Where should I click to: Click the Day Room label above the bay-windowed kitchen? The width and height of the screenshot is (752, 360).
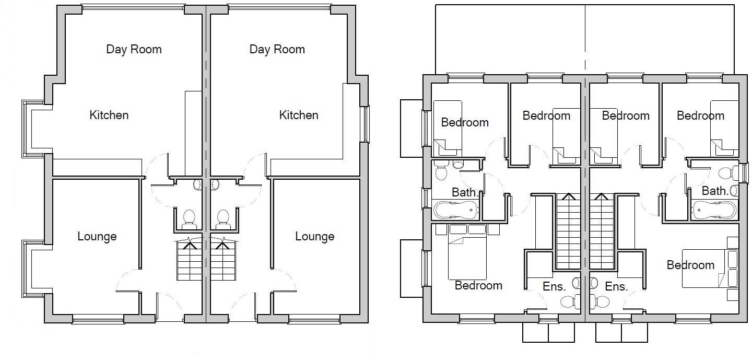click(134, 49)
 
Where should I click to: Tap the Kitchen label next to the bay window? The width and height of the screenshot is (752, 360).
click(109, 115)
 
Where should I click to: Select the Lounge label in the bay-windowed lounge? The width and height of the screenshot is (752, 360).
click(97, 237)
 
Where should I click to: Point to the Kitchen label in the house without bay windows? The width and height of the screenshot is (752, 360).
click(298, 115)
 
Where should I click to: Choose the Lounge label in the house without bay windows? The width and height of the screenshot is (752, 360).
click(314, 237)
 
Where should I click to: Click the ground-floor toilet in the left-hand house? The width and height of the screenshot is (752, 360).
click(189, 218)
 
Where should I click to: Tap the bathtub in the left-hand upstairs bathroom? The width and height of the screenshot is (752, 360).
click(456, 211)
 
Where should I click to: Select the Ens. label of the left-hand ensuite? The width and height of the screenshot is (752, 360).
click(554, 286)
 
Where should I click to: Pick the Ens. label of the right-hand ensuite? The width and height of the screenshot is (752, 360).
click(616, 286)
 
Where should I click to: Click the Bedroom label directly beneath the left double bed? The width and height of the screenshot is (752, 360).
click(478, 285)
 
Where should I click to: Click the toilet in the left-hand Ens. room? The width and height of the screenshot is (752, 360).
click(569, 301)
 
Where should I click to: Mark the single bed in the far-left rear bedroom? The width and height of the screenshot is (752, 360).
click(448, 128)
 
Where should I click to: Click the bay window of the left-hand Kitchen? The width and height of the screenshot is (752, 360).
click(26, 129)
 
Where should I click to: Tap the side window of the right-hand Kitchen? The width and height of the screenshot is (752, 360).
click(367, 124)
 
